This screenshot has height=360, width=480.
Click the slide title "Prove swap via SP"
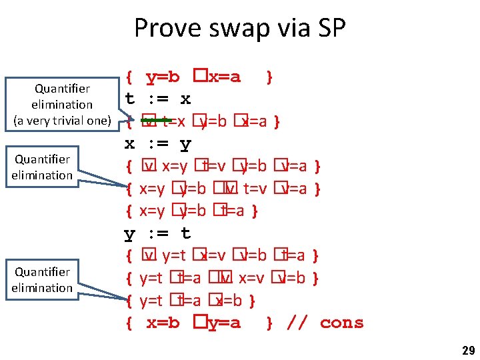pyautogui.click(x=239, y=28)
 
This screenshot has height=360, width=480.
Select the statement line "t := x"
pyautogui.click(x=158, y=99)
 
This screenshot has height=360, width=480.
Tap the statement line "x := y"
pyautogui.click(x=158, y=144)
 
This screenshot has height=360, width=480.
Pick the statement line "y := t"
pyautogui.click(x=158, y=233)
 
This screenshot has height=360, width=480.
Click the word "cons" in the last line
pyautogui.click(x=341, y=323)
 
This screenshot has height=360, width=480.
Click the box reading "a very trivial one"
pyautogui.click(x=62, y=104)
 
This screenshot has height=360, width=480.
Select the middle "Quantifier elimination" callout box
pyautogui.click(x=42, y=167)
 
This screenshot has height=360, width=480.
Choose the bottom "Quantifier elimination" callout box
pyautogui.click(x=42, y=280)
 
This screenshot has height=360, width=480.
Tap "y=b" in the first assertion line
pyautogui.click(x=163, y=77)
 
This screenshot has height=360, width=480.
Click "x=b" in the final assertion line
pyautogui.click(x=163, y=323)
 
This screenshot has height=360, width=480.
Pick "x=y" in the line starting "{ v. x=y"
pyautogui.click(x=175, y=166)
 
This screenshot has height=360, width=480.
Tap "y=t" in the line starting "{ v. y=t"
pyautogui.click(x=174, y=255)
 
